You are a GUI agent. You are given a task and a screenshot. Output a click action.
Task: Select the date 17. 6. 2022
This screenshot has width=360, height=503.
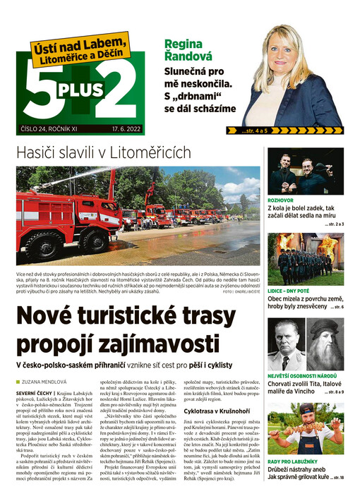click(127, 129)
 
